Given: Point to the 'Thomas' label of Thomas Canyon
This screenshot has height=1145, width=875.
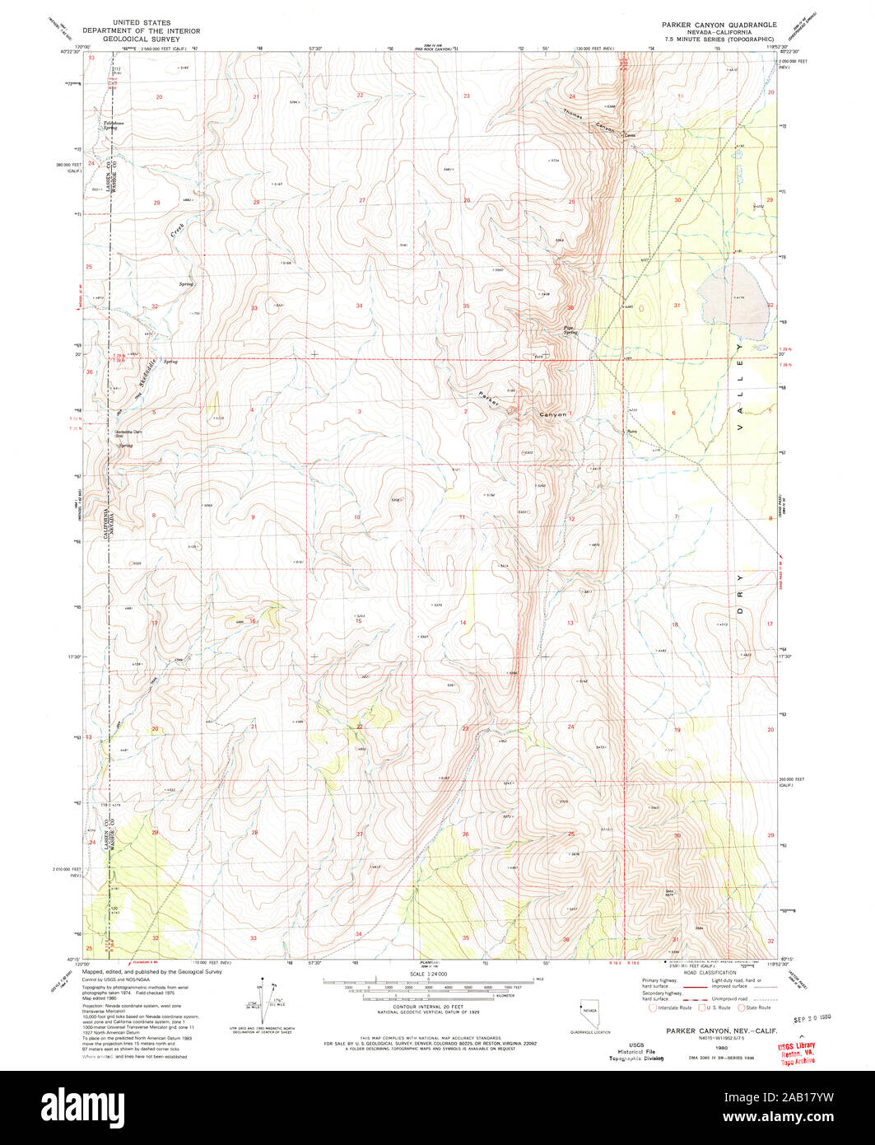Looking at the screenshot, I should (x=573, y=117).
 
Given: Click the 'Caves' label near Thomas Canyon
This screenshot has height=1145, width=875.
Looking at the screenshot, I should (x=631, y=136).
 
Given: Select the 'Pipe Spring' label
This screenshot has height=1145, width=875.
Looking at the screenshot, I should (x=570, y=330).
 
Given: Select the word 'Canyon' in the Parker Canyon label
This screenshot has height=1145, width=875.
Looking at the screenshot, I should (x=552, y=415).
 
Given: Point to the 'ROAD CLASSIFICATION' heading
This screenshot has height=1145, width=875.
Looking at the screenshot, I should (x=708, y=973).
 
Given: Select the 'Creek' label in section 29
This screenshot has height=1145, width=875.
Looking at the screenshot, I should (x=178, y=230).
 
